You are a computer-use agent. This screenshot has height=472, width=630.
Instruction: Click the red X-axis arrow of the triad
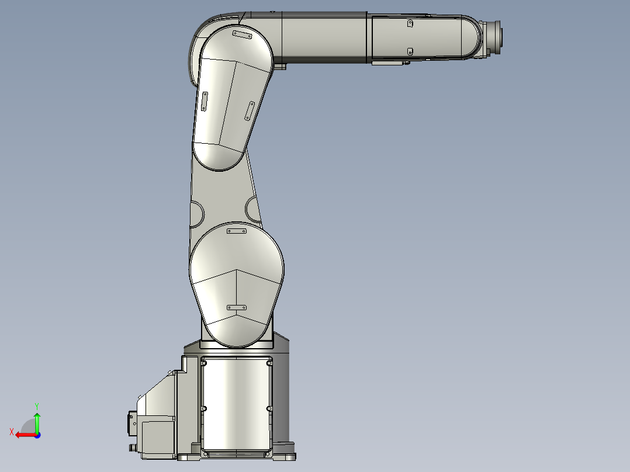tap(23, 435)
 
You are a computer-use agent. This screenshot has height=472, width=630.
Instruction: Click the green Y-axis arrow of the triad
tap(37, 422)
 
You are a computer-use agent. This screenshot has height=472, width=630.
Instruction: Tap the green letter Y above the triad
tap(37, 405)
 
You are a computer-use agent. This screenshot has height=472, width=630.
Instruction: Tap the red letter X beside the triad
tap(12, 432)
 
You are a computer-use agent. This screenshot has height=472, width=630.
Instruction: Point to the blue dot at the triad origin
tap(37, 435)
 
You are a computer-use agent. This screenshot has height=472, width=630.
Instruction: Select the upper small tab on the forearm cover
tap(410, 24)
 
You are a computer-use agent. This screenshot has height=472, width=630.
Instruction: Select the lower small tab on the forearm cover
tap(410, 51)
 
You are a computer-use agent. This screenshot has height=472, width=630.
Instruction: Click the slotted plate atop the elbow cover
tap(242, 35)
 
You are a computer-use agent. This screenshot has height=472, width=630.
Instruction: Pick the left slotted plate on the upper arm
tap(205, 101)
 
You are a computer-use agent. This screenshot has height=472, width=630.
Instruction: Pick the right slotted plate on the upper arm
tap(250, 110)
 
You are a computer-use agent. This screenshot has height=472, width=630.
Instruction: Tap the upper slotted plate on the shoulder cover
tap(237, 232)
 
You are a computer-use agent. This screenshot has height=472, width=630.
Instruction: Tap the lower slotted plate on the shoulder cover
tap(237, 307)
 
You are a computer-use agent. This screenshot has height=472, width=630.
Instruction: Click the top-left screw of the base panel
tap(204, 363)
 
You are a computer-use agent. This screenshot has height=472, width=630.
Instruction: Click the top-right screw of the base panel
tap(269, 363)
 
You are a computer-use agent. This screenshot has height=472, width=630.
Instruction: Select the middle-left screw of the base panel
tap(204, 408)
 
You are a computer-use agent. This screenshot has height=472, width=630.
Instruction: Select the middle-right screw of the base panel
tap(269, 408)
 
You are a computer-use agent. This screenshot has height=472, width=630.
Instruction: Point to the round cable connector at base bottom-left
tap(132, 447)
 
